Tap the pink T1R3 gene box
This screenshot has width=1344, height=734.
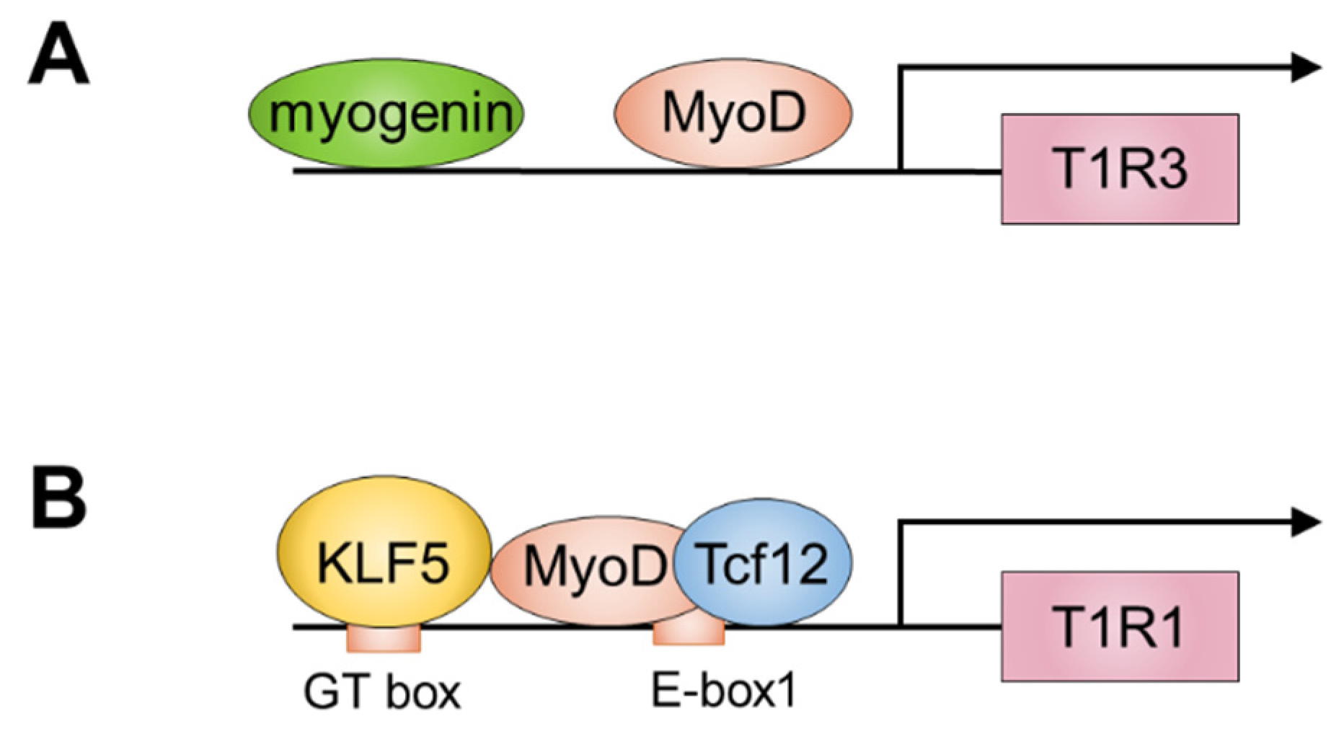click(1119, 169)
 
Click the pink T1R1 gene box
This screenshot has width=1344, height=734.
click(1119, 626)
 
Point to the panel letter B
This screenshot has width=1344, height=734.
click(59, 499)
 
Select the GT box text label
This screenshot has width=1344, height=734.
click(381, 693)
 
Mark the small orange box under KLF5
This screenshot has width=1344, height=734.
click(384, 639)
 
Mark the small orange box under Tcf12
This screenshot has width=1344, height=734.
click(689, 634)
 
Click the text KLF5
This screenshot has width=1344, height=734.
click(384, 562)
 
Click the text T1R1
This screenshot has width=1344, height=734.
click(1119, 627)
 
